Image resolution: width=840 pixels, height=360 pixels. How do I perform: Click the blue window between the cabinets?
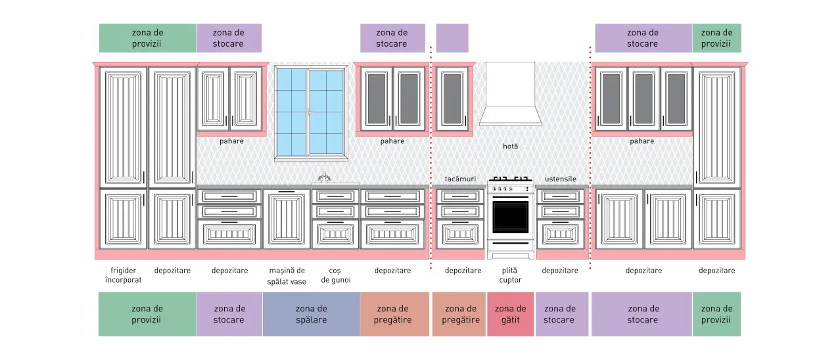[x=311, y=113]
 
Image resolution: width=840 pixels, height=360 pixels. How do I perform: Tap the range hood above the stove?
[x=510, y=94]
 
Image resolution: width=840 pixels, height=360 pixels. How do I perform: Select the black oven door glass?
[x=510, y=217]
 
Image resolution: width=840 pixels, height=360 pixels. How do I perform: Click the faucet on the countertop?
[x=324, y=177]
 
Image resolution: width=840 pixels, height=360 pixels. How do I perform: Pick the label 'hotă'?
[x=510, y=146]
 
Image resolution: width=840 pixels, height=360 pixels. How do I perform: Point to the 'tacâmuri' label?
[x=460, y=179]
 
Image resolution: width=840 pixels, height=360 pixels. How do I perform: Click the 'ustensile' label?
[x=560, y=179]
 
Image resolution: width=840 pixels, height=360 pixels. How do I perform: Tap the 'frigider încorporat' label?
[x=124, y=275]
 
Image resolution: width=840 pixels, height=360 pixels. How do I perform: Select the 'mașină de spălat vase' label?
[x=287, y=276]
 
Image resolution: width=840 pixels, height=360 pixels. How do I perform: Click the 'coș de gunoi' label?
[x=336, y=275]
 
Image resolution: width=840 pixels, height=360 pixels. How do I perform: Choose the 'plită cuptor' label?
[x=510, y=275]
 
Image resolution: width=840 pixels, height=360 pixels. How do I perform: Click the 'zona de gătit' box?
[x=510, y=314]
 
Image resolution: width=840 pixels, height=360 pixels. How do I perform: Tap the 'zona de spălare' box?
[x=312, y=314]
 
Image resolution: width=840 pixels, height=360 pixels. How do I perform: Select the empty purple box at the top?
[x=452, y=38]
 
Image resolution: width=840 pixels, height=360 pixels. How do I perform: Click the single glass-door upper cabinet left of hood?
[x=452, y=99]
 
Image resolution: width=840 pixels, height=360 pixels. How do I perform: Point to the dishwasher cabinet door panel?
[x=287, y=219]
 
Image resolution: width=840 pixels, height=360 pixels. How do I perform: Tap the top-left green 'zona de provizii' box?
[x=148, y=38]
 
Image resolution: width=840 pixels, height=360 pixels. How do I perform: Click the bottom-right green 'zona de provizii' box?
[x=716, y=314]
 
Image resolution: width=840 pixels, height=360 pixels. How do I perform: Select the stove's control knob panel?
[x=510, y=189]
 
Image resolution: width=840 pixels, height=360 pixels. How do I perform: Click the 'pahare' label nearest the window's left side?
[x=231, y=141]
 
